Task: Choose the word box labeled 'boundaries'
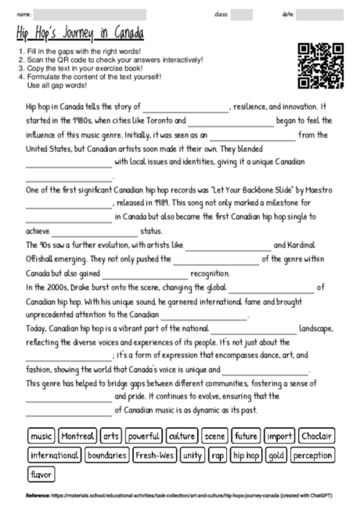pyautogui.click(x=106, y=454)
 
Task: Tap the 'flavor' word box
pyautogui.click(x=40, y=474)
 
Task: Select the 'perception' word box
pyautogui.click(x=313, y=454)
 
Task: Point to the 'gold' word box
pyautogui.click(x=275, y=454)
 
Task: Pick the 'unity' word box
pyautogui.click(x=191, y=454)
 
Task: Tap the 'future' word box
pyautogui.click(x=246, y=435)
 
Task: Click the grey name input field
pyautogui.click(x=102, y=13)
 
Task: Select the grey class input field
pyautogui.click(x=242, y=13)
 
